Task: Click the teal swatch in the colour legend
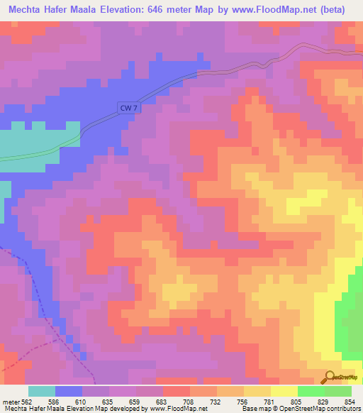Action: pos(42,392)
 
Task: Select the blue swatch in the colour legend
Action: pos(69,392)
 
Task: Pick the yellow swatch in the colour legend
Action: pos(284,392)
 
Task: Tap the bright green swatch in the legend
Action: pos(311,392)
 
